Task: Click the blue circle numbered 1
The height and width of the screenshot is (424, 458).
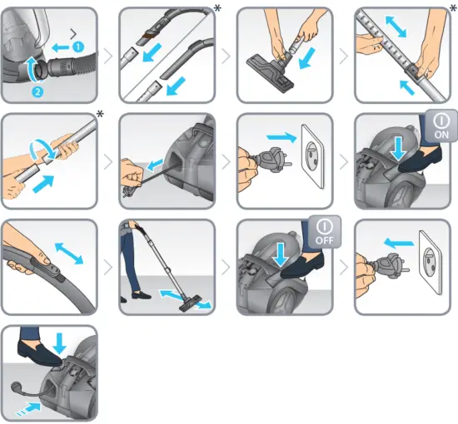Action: pos(78,47)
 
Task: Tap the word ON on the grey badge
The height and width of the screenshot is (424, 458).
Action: pos(441,135)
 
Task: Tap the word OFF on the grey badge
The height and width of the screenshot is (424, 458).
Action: pos(324,240)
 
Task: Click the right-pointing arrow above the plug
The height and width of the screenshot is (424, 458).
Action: pos(281,136)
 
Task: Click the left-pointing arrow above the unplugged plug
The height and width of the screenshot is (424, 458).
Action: pos(399,243)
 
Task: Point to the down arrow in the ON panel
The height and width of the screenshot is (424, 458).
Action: pos(399,149)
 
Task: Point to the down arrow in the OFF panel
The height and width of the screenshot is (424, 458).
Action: pos(281,254)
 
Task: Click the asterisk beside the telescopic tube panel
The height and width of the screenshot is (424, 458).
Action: pos(453,7)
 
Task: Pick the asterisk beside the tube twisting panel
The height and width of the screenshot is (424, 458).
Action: pos(100,114)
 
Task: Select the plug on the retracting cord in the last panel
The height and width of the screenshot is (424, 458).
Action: pos(16,387)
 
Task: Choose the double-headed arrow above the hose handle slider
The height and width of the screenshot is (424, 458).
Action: pos(69,254)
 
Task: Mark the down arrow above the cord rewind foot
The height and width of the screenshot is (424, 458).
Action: pos(61,343)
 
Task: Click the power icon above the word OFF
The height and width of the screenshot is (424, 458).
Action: pos(324,227)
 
